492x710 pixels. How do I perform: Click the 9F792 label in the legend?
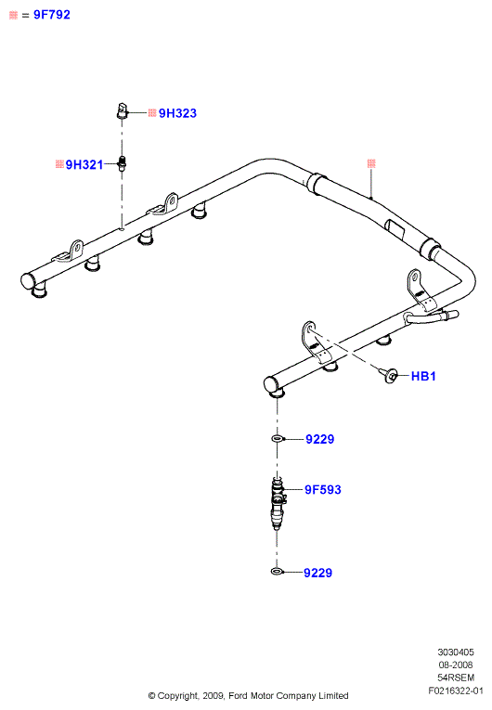point(52,15)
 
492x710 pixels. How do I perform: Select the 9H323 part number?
point(177,113)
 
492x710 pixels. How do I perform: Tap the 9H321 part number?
point(84,164)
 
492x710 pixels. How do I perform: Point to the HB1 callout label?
point(423,376)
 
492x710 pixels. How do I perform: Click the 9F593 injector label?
point(322,489)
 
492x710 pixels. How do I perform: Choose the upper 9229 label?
point(320,439)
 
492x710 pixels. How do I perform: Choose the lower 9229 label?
point(318,573)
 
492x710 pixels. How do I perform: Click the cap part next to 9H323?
point(122,111)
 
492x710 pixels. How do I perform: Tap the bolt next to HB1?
point(388,375)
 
